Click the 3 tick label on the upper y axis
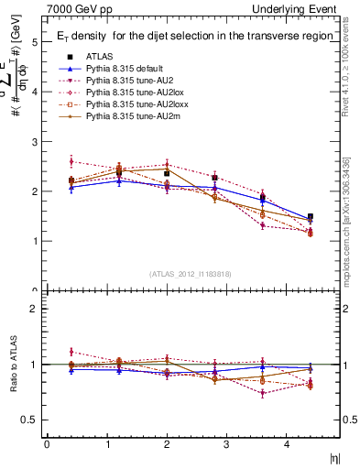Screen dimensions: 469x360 pyautogui.click(x=35, y=142)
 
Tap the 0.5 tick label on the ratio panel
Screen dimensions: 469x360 pyautogui.click(x=30, y=420)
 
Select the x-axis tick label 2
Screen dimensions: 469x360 pyautogui.click(x=168, y=444)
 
